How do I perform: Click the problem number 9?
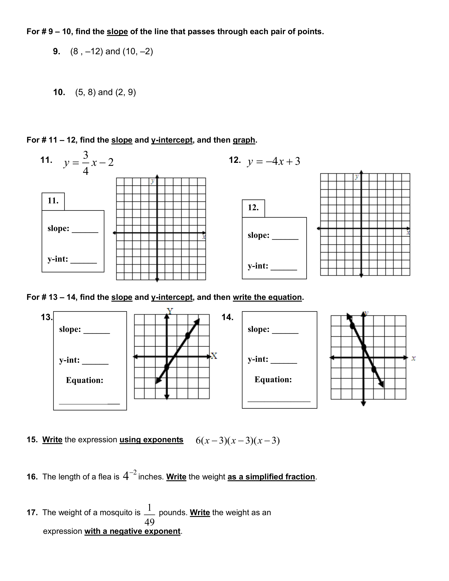click(x=56, y=51)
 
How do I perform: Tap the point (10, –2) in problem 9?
click(x=138, y=51)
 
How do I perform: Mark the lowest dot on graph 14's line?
click(x=374, y=369)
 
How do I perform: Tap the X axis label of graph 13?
click(x=214, y=356)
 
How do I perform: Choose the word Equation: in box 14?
click(x=273, y=380)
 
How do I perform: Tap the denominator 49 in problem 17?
click(x=149, y=522)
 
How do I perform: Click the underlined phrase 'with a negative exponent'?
click(x=132, y=531)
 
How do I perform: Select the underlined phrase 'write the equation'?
click(x=267, y=297)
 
